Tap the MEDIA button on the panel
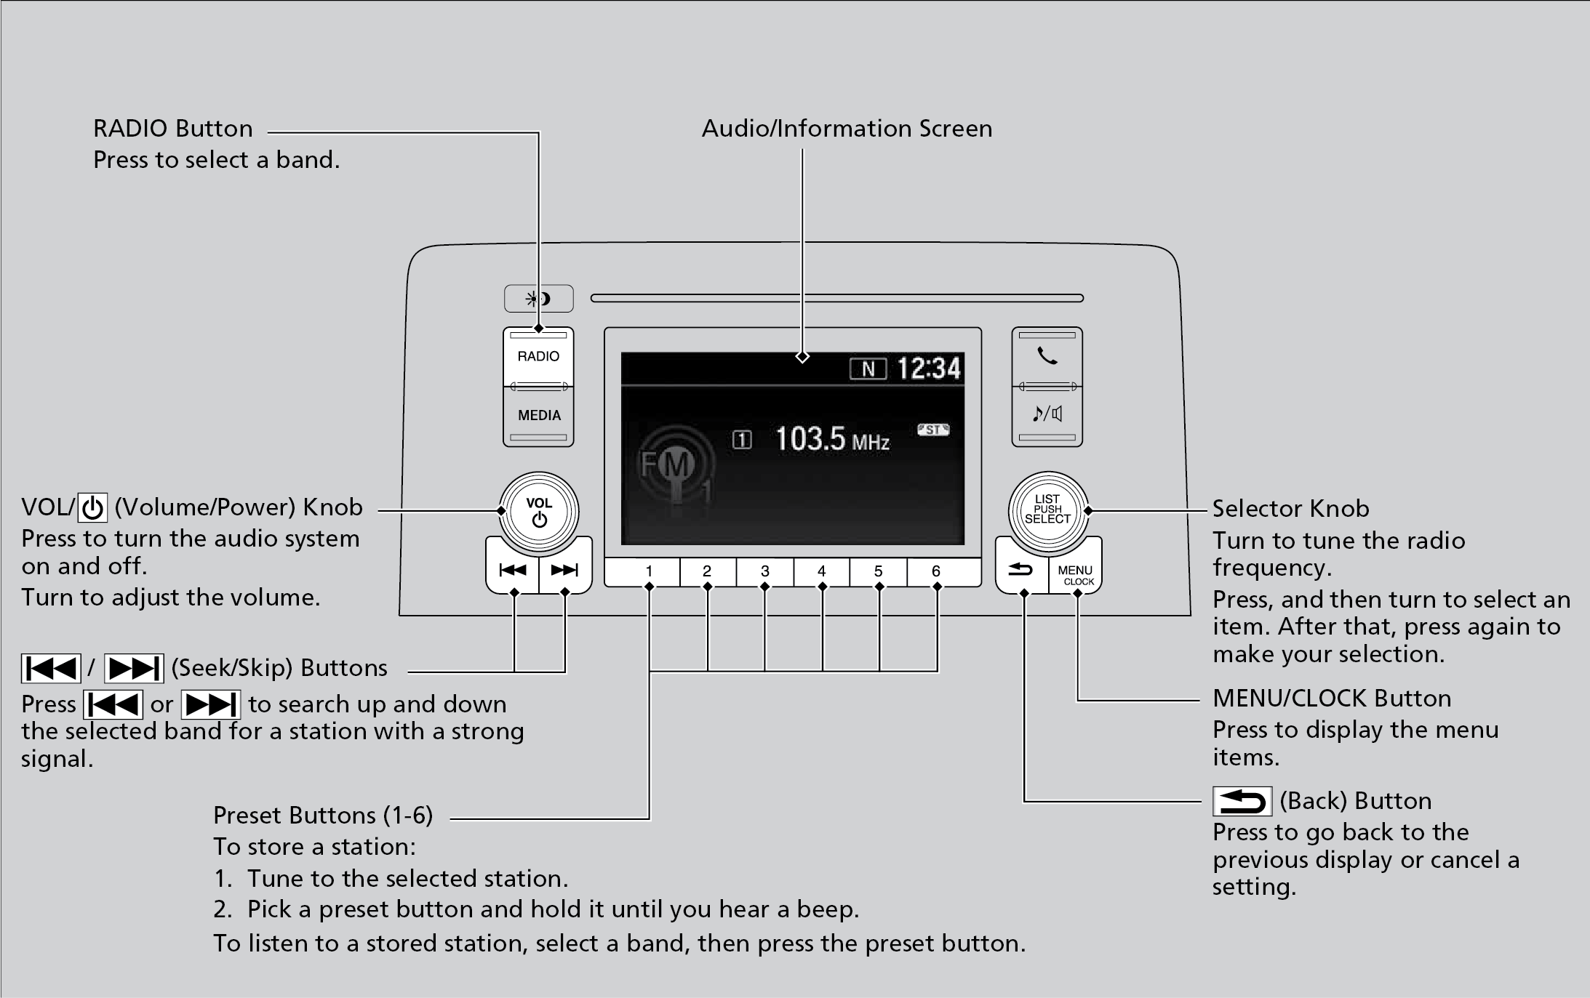[539, 416]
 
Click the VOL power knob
[539, 511]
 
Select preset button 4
[822, 572]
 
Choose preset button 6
[936, 572]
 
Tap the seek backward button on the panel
[513, 571]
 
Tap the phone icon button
[1047, 356]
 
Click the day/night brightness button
[539, 299]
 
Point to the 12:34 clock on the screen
[929, 369]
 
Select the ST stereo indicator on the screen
[933, 430]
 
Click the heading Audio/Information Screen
[847, 129]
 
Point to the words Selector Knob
[1290, 508]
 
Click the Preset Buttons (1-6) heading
[323, 815]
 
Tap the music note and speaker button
[1047, 414]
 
